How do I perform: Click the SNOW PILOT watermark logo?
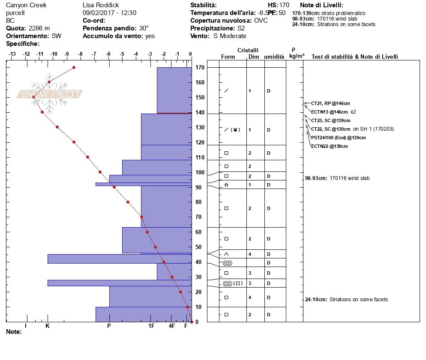tap(49, 94)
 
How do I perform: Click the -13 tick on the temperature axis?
tap(12, 54)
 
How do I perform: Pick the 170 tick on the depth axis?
tap(199, 68)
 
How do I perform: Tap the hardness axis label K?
tap(48, 326)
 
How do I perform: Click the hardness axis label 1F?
tap(151, 326)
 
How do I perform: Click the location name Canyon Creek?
tap(26, 5)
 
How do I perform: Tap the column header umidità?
tap(274, 57)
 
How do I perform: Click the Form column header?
tap(228, 57)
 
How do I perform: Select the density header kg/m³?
tap(297, 56)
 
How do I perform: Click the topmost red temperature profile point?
tap(74, 67)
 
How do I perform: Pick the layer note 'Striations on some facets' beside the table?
tap(358, 300)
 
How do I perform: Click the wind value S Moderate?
tap(230, 36)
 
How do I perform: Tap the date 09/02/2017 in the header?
tap(98, 13)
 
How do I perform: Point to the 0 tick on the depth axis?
tap(197, 322)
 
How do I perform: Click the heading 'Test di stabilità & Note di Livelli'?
tap(354, 57)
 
